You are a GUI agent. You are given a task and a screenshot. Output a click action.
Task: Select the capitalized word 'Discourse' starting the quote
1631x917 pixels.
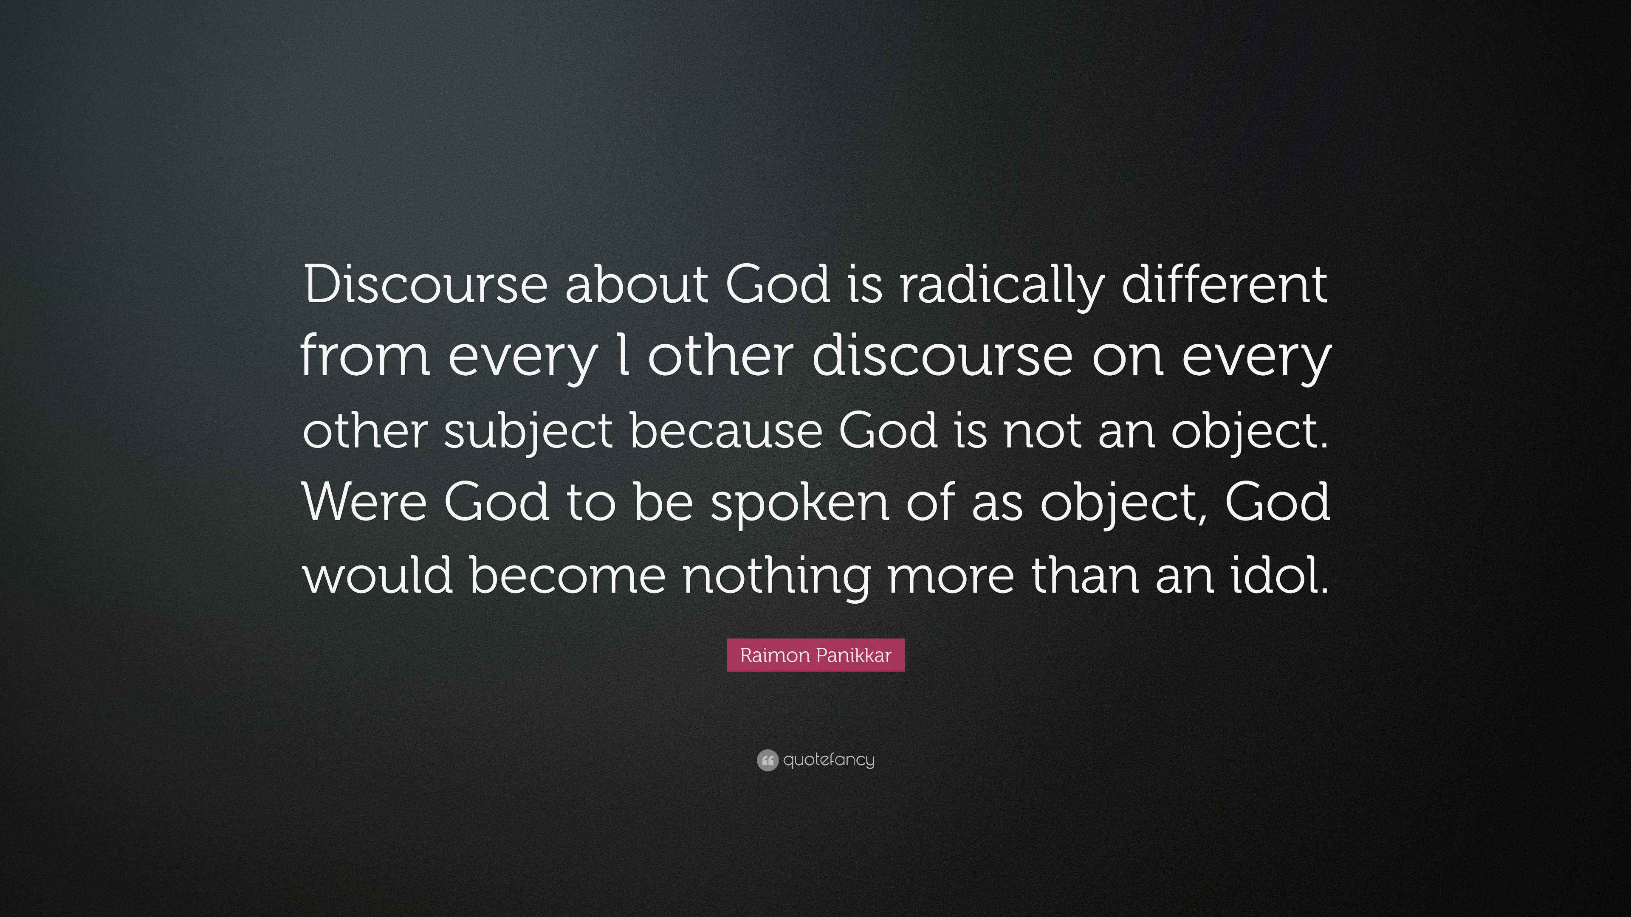426,285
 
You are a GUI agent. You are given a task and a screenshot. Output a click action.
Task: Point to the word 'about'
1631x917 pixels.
636,285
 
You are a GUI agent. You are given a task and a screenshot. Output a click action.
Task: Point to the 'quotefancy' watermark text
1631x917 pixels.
829,760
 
